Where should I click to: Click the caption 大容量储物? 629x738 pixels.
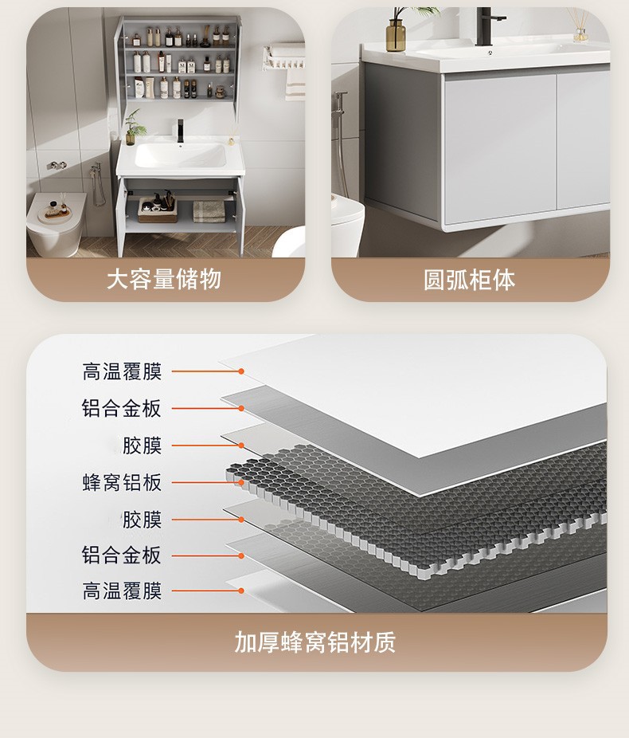point(164,280)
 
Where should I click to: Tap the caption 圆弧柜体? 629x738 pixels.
point(469,280)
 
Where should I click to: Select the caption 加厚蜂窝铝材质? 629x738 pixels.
point(314,642)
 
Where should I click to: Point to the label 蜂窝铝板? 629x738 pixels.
point(122,482)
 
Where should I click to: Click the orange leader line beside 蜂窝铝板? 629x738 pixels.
point(199,482)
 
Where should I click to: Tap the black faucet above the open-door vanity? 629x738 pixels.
point(181,130)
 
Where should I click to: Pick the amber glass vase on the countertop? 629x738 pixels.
point(396,35)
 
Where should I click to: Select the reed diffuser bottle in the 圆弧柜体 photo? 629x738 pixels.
point(580,33)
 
